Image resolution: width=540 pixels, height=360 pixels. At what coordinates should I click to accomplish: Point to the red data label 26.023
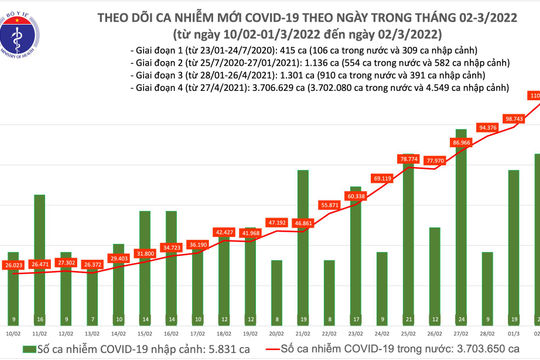tap(13, 265)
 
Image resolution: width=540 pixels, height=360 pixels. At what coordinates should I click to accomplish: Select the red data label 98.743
tap(513, 118)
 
